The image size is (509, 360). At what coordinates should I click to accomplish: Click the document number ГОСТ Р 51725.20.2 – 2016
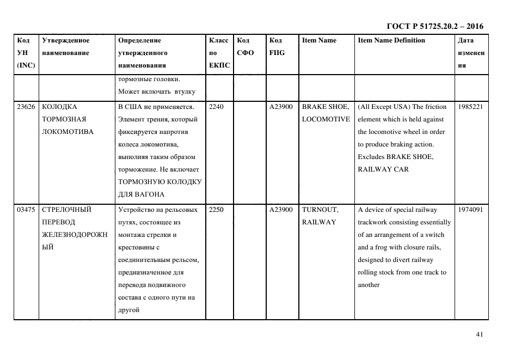[x=435, y=26]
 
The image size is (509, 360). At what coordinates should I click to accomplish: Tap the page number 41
[x=479, y=334]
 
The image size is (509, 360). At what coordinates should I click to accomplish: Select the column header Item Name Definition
[x=391, y=40]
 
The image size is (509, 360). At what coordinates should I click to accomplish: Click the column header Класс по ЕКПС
[x=219, y=53]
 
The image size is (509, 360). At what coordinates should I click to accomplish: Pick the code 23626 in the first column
[x=26, y=107]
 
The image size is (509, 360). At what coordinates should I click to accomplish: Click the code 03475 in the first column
[x=26, y=210]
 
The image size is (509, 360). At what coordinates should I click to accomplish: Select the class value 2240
[x=216, y=107]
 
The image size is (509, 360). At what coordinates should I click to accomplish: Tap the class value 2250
[x=216, y=210]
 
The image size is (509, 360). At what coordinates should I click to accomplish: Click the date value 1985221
[x=470, y=107]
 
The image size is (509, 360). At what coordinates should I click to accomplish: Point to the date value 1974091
[x=470, y=210]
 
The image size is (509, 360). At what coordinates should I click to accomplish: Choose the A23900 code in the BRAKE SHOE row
[x=281, y=107]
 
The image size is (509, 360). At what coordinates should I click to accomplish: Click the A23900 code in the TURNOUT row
[x=281, y=210]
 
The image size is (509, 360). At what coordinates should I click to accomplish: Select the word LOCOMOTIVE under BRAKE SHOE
[x=326, y=119]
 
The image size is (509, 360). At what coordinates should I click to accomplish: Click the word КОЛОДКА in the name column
[x=59, y=107]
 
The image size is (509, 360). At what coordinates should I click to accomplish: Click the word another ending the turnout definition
[x=369, y=285]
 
